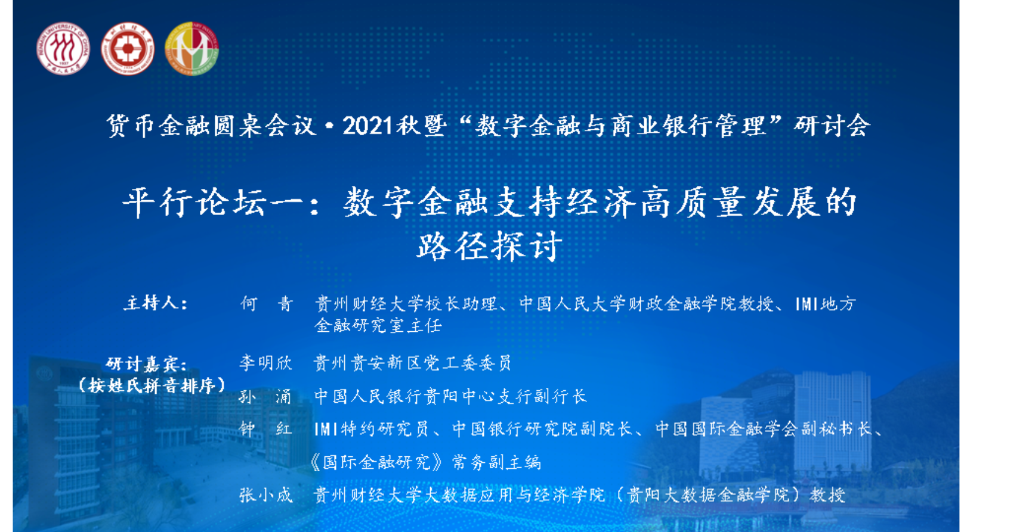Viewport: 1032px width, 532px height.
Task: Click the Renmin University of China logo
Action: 63,48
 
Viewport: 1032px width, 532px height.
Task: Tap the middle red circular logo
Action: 127,48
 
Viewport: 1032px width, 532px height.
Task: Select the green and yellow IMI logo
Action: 191,48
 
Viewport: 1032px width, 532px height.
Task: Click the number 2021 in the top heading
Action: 367,126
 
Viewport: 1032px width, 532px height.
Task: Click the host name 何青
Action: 267,304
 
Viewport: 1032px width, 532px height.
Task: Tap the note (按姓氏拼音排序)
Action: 152,385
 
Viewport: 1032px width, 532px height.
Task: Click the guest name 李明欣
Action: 266,363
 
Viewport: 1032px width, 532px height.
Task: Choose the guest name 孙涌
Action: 265,396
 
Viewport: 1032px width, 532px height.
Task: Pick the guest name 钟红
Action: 266,429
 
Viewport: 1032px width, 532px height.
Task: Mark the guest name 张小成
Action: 266,494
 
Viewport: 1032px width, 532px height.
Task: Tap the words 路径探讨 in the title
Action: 489,246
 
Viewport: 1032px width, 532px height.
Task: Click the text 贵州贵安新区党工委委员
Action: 413,363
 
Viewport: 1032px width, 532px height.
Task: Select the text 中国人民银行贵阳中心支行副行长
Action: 450,396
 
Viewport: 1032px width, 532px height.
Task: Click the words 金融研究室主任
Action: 378,325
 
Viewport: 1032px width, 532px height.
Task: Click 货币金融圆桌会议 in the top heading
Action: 212,126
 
